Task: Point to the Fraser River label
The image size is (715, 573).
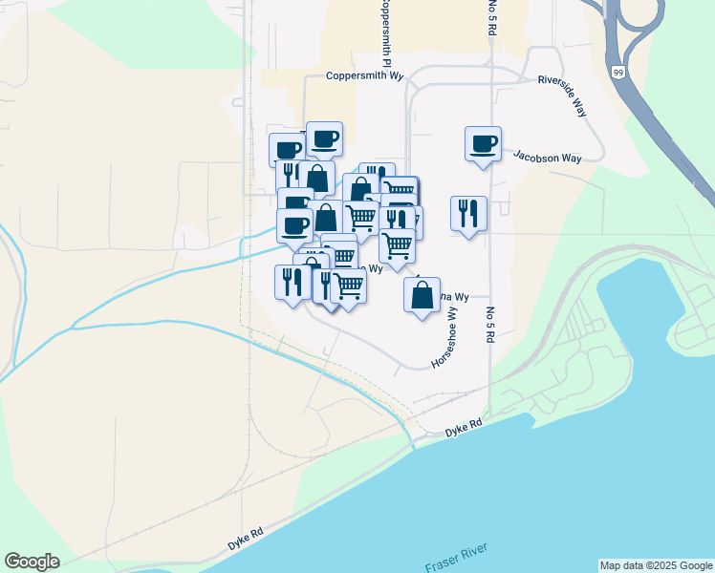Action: point(457,558)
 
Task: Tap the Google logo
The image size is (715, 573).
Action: point(32,562)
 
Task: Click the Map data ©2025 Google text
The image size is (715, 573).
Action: point(656,565)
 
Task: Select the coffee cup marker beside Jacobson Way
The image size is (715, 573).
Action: point(484,144)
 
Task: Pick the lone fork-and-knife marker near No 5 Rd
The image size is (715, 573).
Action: point(468,213)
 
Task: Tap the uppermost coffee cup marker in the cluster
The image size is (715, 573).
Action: point(324,138)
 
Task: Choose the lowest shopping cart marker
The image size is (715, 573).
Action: point(349,285)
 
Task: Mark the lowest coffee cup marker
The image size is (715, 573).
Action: point(294,225)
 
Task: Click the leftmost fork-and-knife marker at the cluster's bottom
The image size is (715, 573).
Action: point(292,282)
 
